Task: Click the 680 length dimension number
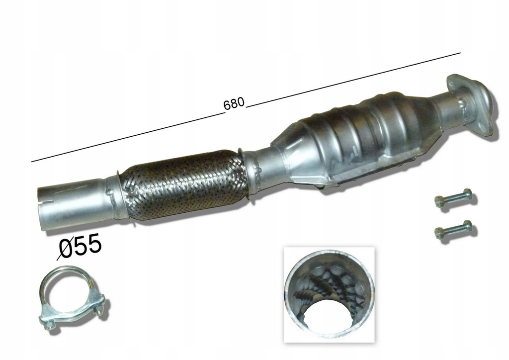click(234, 103)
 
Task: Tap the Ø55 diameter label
click(80, 247)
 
